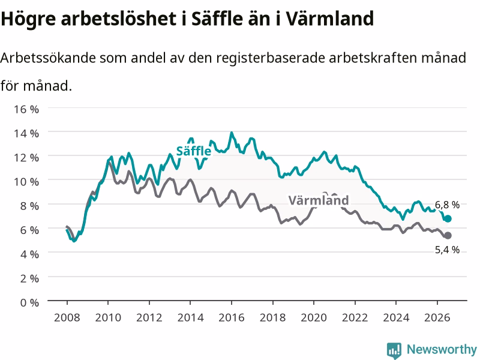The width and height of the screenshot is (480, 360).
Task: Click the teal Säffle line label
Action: (193, 151)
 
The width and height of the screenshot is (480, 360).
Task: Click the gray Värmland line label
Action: (319, 200)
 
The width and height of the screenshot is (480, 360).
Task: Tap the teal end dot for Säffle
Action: (448, 218)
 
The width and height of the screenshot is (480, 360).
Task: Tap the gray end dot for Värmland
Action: (448, 235)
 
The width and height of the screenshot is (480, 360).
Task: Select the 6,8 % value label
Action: (447, 205)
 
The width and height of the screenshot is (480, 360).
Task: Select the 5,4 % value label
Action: (447, 250)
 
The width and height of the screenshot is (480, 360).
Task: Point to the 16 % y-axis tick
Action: (26, 109)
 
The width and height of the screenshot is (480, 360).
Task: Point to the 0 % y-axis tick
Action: (29, 302)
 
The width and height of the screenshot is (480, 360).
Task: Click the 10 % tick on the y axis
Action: (26, 182)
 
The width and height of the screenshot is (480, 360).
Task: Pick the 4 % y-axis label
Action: (29, 254)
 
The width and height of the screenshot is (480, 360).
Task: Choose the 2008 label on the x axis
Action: (67, 317)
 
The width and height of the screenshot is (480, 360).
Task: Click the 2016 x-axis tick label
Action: (232, 317)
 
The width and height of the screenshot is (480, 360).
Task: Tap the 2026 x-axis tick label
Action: (437, 317)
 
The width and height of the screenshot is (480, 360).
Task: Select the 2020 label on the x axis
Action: (314, 317)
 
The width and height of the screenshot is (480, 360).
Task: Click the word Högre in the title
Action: (28, 19)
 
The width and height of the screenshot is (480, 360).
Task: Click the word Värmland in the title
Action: (330, 19)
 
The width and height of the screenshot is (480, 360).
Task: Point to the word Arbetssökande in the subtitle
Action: (48, 58)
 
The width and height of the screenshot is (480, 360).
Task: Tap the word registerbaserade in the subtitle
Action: (271, 58)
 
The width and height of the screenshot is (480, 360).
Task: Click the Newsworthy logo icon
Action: (394, 350)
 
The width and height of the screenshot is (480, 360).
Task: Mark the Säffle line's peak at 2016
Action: (232, 133)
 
